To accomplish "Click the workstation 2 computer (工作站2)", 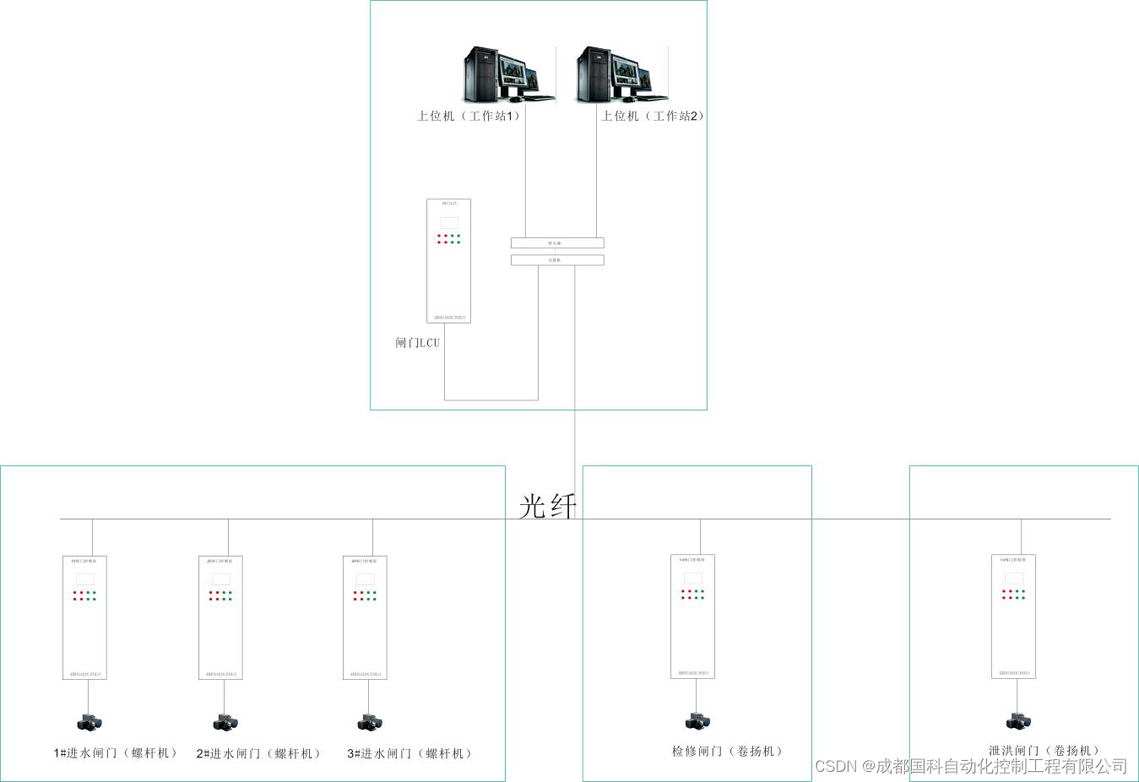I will click(621, 74).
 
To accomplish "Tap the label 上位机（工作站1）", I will click(469, 116).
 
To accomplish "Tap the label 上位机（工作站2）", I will click(652, 116).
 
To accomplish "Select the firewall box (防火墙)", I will click(557, 243).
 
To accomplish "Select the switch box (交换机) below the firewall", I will click(557, 260).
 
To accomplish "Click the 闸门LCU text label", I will click(418, 343).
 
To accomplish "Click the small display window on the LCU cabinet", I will click(449, 223).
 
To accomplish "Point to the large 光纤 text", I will click(548, 506).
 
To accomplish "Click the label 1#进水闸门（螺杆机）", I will click(116, 753).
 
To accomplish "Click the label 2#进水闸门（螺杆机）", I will click(259, 753).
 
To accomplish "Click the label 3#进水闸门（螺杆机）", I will click(409, 753).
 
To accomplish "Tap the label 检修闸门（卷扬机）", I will click(728, 751).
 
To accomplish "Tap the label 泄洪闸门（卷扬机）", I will click(1044, 750).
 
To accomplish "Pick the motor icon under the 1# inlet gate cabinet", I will click(89, 723).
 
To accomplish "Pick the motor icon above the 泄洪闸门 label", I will click(1018, 721).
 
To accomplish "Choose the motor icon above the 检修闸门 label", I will click(697, 721).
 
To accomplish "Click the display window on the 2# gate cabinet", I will click(221, 579).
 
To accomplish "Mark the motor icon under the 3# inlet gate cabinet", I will click(370, 723).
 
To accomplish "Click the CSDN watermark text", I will click(971, 766).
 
